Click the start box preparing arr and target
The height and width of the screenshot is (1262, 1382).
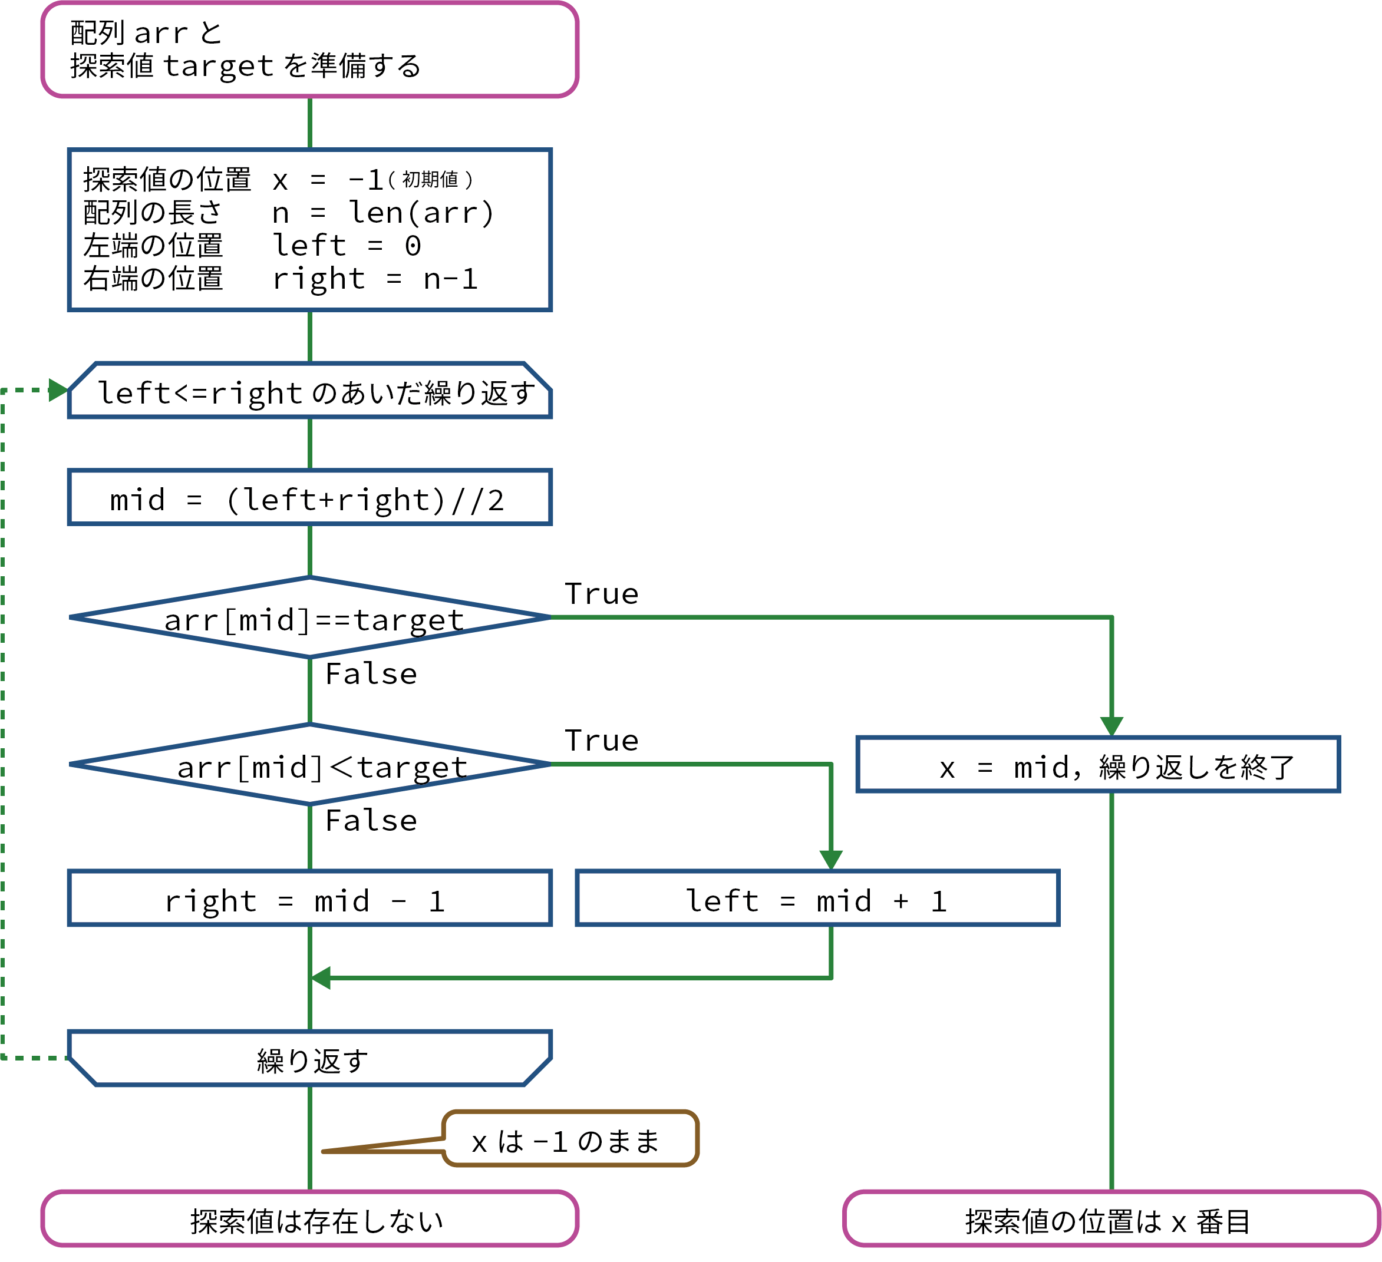pos(309,49)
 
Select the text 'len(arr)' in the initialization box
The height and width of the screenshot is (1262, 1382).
pos(421,213)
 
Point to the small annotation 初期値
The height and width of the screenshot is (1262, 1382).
pos(430,180)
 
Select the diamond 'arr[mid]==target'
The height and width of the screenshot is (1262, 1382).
pos(309,617)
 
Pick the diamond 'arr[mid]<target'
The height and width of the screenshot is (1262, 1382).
pos(309,764)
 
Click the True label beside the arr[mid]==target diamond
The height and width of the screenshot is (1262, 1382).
pos(601,594)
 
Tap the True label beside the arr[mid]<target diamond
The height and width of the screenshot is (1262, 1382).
pos(601,741)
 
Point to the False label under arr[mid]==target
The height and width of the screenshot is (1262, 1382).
pos(371,674)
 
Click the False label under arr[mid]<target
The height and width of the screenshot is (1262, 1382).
pos(371,821)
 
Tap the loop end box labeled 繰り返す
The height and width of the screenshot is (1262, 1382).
pos(309,1059)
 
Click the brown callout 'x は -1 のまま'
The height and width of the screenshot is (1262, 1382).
pos(569,1139)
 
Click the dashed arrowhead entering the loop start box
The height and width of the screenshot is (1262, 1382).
pos(58,390)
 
